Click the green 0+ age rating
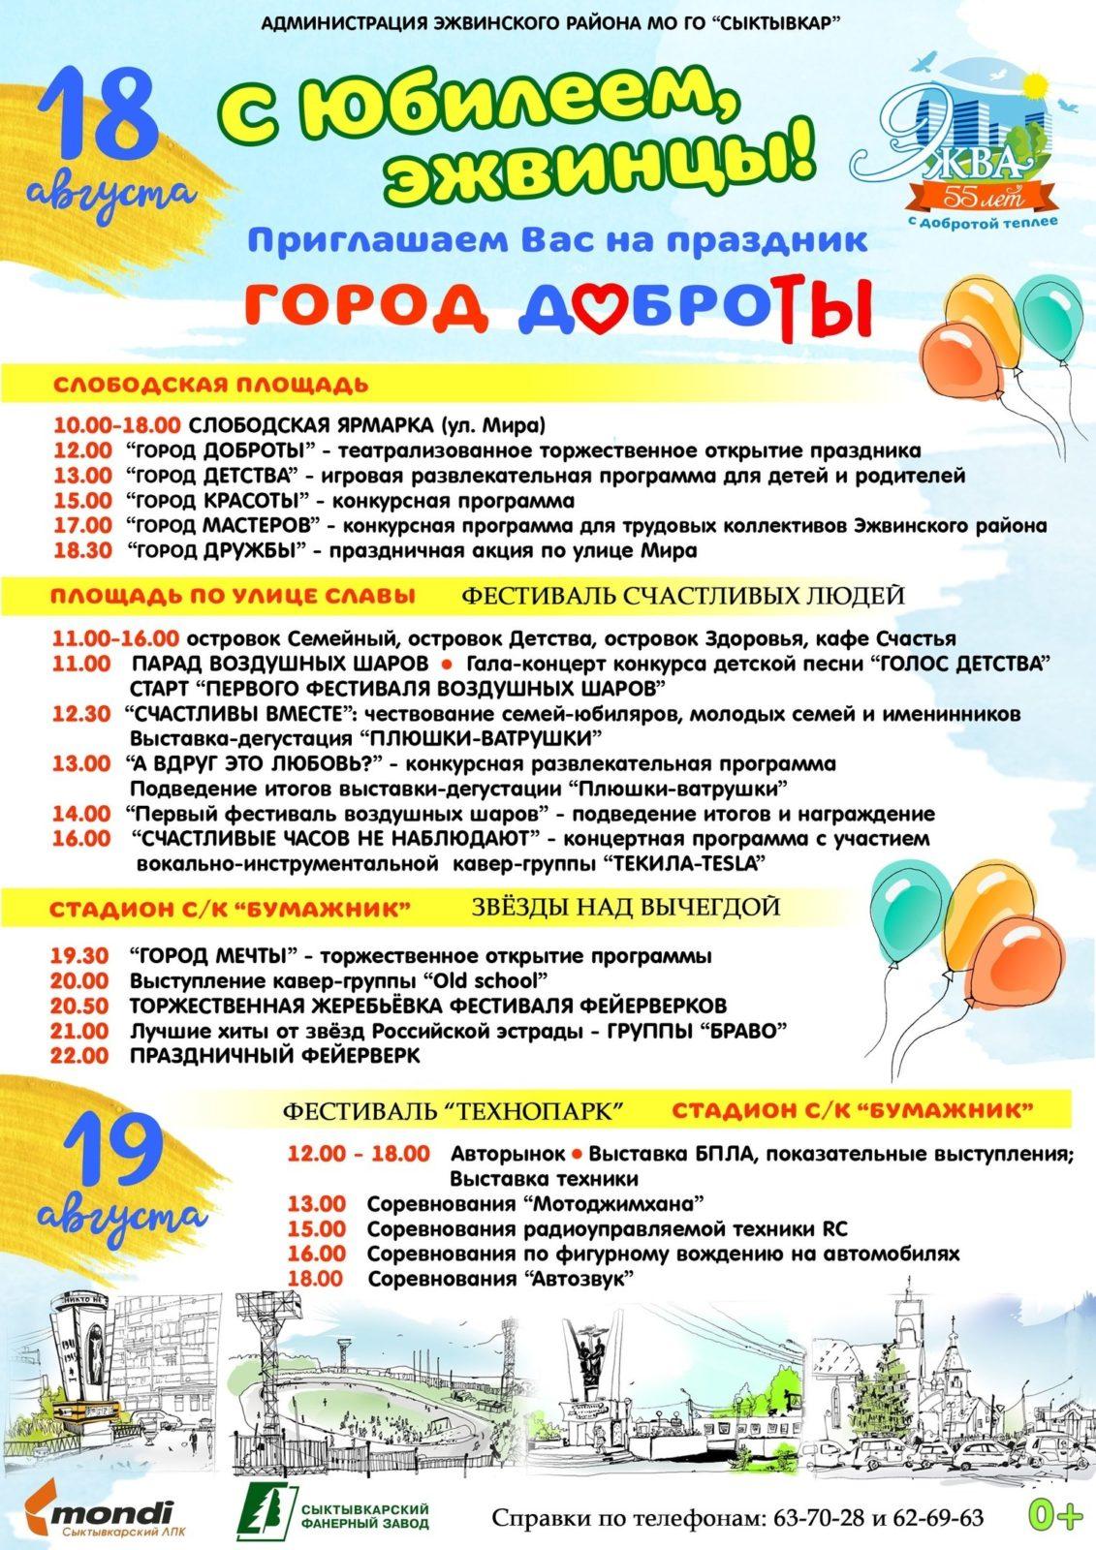tap(1054, 1515)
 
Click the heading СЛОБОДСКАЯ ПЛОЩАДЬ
tap(210, 385)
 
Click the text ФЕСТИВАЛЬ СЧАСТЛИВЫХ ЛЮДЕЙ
tap(682, 595)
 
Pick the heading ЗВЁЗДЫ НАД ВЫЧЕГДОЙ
tap(626, 908)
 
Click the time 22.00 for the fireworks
tap(80, 1056)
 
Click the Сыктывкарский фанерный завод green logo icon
tap(268, 1514)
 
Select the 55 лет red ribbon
tap(979, 197)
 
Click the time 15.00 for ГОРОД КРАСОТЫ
tap(82, 501)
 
